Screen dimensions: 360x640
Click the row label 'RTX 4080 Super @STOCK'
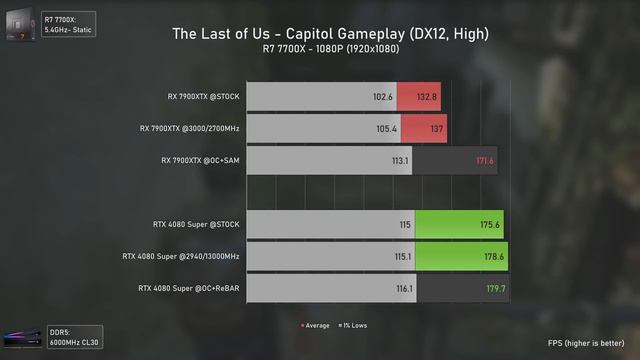pos(196,225)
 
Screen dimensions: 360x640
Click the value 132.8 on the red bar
pos(427,97)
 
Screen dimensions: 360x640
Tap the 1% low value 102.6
pos(382,97)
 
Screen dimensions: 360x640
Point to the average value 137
pos(437,128)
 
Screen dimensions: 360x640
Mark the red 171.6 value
pos(485,160)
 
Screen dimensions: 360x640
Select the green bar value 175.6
pos(490,225)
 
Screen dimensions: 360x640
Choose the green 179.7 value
pos(495,288)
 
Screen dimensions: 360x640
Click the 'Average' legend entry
pos(317,326)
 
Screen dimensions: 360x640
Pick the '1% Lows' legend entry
pos(353,326)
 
